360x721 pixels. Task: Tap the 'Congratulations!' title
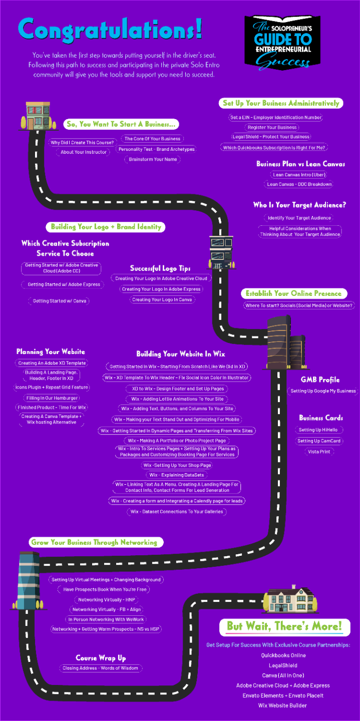110,29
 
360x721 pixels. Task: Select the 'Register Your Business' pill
272,127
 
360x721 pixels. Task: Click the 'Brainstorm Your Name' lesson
152,159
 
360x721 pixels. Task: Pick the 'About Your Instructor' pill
84,152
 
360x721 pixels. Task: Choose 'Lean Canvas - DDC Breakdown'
299,184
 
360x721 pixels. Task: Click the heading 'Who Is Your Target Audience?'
299,205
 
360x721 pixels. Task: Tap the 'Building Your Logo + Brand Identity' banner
106,227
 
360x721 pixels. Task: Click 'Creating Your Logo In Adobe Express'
161,289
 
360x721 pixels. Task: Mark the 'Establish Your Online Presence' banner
293,293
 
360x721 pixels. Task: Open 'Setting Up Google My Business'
323,391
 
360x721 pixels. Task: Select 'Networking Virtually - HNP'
106,599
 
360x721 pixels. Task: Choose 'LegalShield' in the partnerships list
283,665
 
